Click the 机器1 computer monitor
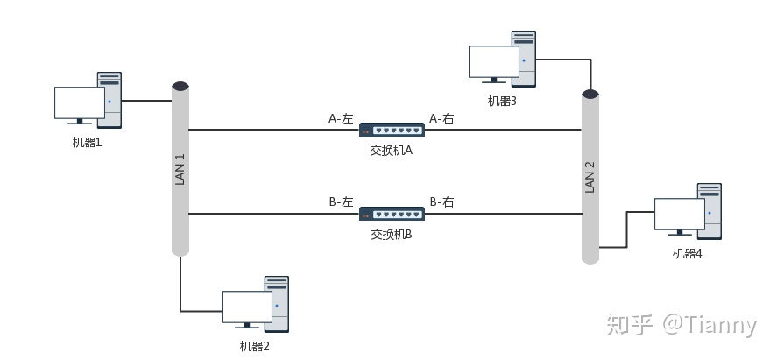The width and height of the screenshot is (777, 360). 79,103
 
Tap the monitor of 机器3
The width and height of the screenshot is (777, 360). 493,61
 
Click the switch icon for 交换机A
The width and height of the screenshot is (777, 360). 392,130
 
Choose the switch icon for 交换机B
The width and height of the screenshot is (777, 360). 392,214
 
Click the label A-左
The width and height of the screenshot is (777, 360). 340,118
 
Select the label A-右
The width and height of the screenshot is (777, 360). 441,118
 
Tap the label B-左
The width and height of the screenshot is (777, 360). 340,201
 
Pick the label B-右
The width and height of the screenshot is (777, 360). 441,201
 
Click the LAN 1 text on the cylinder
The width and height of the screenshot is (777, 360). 180,169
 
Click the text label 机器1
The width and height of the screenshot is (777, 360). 88,142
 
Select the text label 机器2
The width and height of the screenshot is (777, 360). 255,346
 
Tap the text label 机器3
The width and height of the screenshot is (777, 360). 502,101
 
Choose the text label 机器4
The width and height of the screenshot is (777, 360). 687,253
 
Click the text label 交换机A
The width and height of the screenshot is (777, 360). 392,151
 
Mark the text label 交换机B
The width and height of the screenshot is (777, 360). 392,235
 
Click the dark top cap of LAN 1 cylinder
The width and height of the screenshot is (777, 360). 180,86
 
